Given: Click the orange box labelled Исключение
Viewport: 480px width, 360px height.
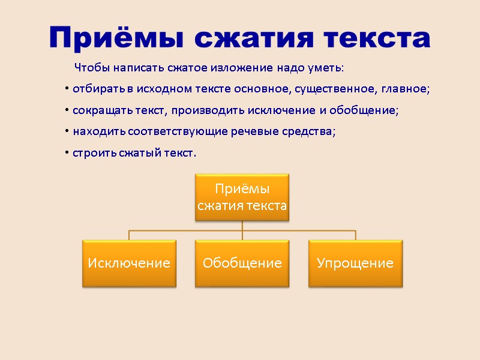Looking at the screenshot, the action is click(x=129, y=263).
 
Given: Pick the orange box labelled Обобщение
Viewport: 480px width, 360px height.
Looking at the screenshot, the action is click(x=242, y=263).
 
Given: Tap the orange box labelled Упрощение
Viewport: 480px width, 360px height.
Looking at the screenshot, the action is click(x=355, y=263).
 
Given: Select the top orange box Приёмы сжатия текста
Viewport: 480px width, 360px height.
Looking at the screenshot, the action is click(x=242, y=197).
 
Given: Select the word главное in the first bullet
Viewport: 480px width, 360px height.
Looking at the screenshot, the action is click(x=406, y=89).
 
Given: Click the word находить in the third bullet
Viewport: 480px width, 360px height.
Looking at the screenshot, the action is click(x=95, y=131).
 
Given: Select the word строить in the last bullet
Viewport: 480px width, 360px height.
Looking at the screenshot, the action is click(x=91, y=153).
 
